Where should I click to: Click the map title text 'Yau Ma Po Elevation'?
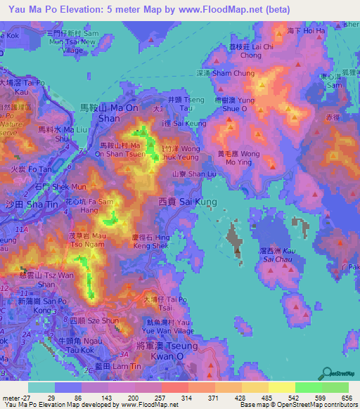pyautogui.click(x=53, y=9)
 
